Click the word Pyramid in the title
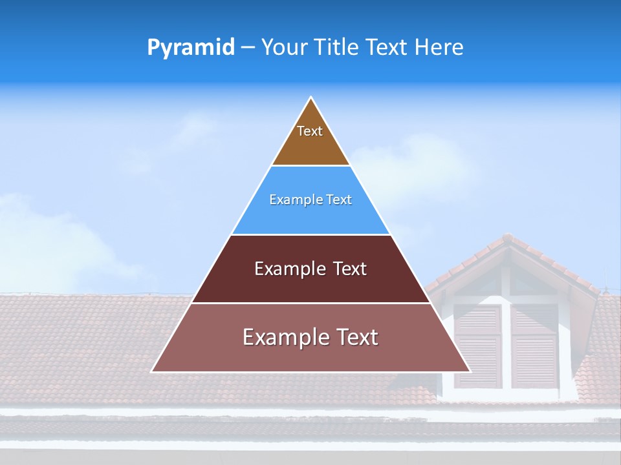pos(190,48)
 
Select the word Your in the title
pos(284,47)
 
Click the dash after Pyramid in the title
pos(248,48)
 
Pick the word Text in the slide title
pos(387,47)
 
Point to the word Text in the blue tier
pos(339,200)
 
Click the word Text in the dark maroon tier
pos(349,269)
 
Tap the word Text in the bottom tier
pos(356,337)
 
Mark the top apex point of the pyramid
pos(311,98)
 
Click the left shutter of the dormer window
pos(477,346)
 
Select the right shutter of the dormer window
pos(534,346)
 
